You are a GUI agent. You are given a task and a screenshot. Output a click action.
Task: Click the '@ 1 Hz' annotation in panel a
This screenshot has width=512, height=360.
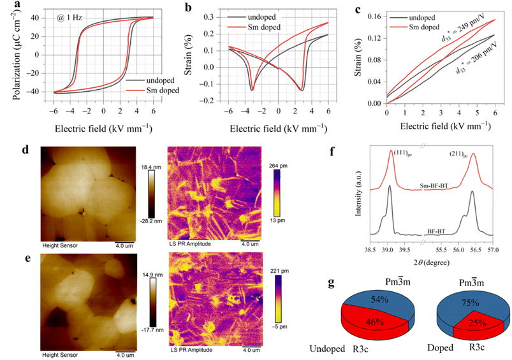(x=69, y=17)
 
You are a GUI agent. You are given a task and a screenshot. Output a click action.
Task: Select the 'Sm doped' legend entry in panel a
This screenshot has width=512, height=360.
(x=152, y=90)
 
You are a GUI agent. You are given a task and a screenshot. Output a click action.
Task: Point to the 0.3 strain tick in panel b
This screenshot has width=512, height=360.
(x=208, y=17)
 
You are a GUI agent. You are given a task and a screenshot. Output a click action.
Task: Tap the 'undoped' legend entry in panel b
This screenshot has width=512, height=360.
(x=251, y=17)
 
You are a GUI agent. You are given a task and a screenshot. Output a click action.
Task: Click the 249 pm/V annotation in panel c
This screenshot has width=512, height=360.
(x=463, y=28)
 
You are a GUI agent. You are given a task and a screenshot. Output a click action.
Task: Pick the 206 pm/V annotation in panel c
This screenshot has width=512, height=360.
(x=476, y=58)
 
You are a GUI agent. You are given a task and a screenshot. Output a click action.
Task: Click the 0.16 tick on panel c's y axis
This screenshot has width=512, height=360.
(x=374, y=17)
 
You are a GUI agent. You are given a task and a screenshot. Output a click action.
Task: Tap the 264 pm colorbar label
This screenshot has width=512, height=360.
(x=279, y=166)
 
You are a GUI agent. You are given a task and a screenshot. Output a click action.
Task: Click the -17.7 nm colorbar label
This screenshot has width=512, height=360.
(x=152, y=330)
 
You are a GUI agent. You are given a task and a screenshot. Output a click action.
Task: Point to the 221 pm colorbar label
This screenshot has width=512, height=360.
(x=279, y=271)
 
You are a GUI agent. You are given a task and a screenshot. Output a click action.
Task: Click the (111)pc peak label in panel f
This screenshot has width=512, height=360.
(x=402, y=153)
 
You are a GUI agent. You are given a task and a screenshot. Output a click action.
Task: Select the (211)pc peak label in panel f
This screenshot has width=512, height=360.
(x=458, y=154)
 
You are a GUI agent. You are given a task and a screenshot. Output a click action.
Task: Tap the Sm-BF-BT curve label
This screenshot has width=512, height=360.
(x=434, y=186)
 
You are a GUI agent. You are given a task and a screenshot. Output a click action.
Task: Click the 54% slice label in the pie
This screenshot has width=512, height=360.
(x=379, y=299)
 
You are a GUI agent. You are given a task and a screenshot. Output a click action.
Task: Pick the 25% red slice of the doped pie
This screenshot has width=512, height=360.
(x=477, y=326)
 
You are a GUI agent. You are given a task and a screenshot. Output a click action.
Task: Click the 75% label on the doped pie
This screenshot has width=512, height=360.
(x=470, y=303)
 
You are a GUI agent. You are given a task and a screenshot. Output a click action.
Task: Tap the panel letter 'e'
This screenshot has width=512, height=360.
(x=28, y=258)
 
